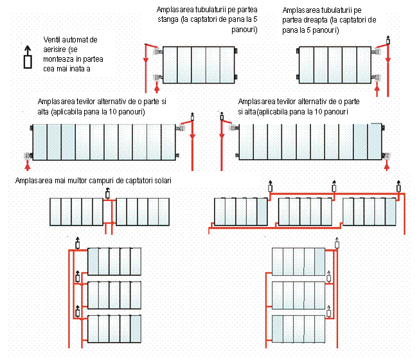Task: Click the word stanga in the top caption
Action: (170, 20)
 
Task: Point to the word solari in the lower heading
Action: (161, 180)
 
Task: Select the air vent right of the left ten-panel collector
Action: (192, 120)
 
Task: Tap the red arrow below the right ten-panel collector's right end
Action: (386, 166)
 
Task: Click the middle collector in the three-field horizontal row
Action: (304, 210)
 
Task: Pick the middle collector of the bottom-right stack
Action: (298, 294)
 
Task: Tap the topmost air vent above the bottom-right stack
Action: (337, 242)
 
